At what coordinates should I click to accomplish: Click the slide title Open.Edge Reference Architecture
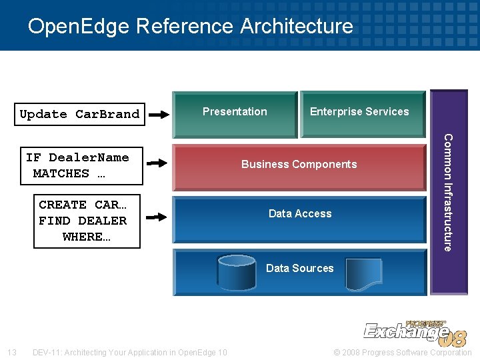[x=191, y=26]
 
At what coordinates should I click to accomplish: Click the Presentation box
[x=234, y=111]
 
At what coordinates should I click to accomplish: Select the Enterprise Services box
[x=359, y=111]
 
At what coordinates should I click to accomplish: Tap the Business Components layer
[x=299, y=164]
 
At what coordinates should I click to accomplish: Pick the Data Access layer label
[x=299, y=213]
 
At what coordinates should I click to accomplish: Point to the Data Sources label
[x=299, y=268]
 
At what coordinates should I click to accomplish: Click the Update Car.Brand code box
[x=79, y=114]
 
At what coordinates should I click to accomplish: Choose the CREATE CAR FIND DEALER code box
[x=87, y=221]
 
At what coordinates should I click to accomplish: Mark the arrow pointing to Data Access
[x=157, y=217]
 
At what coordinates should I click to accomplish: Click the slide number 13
[x=11, y=352]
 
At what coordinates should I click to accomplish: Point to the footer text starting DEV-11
[x=130, y=352]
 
